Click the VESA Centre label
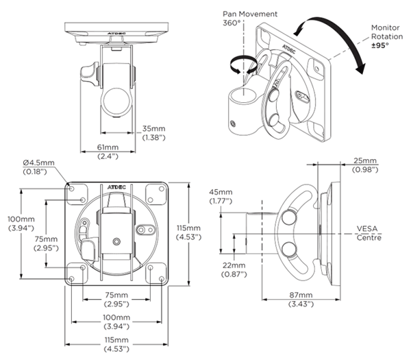point(369,233)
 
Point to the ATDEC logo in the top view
point(114,32)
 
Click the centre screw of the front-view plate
point(116,241)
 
